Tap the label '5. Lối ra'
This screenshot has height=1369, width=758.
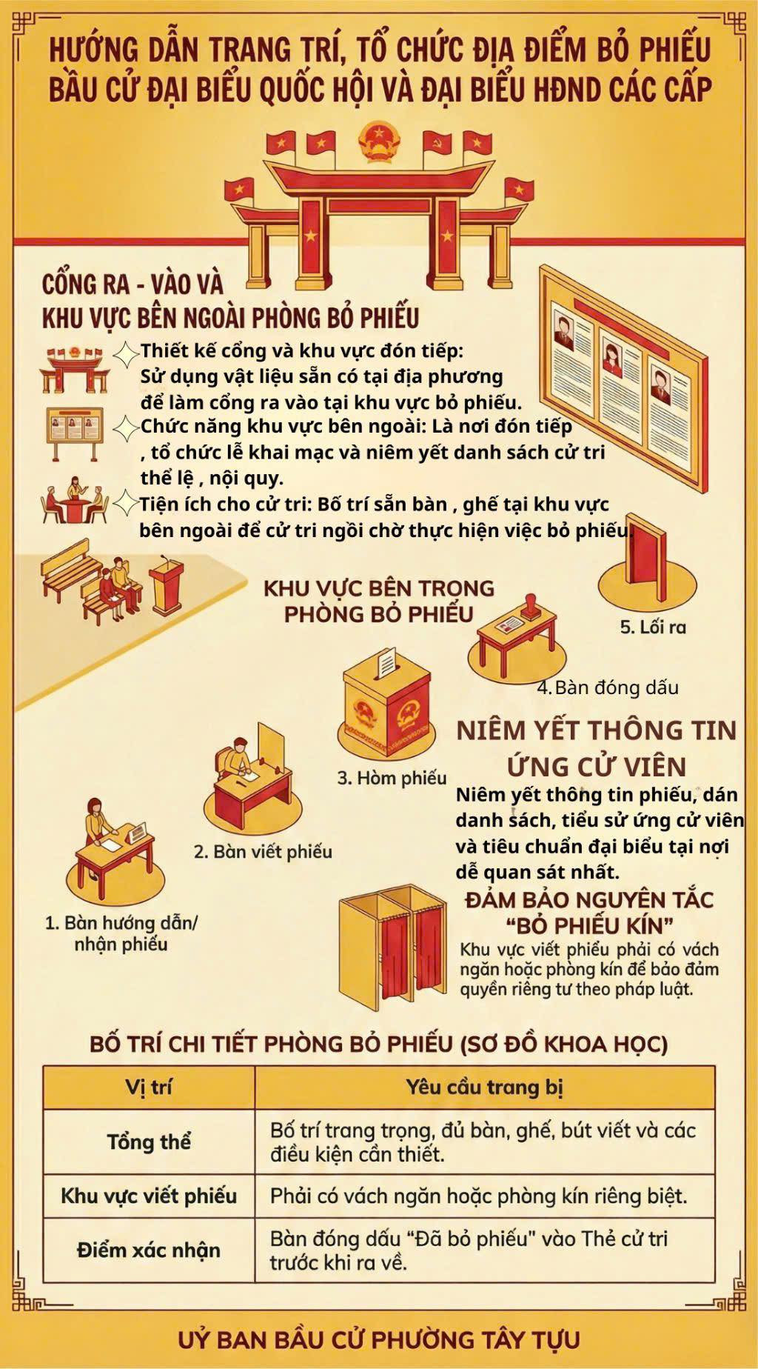tap(653, 627)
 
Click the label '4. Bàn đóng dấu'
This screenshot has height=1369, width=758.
tap(608, 687)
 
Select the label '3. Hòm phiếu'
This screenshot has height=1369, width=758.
tap(392, 778)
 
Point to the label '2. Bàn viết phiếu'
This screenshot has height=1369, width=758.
tap(263, 852)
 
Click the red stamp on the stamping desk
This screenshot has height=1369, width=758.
tap(531, 605)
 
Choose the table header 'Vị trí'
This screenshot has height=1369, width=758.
tap(149, 1087)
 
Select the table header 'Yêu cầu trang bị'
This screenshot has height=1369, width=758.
tap(485, 1087)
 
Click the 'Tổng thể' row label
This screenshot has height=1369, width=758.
tap(149, 1142)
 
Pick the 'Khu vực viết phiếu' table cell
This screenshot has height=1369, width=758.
tap(149, 1196)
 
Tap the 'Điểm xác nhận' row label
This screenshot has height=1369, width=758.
tap(149, 1250)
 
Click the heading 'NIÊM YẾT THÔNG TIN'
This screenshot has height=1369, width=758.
tap(597, 730)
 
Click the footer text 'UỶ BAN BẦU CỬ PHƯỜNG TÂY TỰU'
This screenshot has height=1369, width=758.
tap(379, 1339)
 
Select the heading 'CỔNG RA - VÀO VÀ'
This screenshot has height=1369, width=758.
tap(133, 284)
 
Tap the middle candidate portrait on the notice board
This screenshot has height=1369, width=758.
tap(613, 359)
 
